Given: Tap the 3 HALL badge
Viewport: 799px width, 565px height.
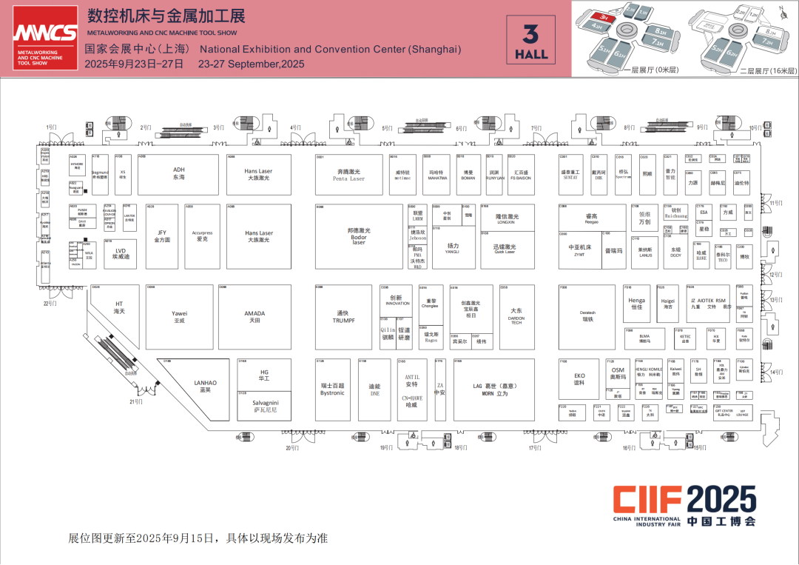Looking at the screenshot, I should [x=531, y=41].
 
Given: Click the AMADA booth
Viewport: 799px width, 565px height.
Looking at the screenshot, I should [x=254, y=316].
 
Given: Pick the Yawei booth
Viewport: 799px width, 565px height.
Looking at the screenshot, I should [x=179, y=316].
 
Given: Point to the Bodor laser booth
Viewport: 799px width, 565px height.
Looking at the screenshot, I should [x=358, y=235].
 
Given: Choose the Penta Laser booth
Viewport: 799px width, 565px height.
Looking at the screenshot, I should [x=348, y=175].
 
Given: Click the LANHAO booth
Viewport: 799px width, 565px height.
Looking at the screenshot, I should [x=206, y=386].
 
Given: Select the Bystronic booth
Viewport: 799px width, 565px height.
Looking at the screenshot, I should [x=332, y=390].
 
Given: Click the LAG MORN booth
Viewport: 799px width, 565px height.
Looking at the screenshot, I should [x=494, y=390].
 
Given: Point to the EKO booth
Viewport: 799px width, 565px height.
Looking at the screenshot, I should [x=579, y=379].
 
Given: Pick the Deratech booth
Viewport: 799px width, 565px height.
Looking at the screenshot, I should [x=587, y=316].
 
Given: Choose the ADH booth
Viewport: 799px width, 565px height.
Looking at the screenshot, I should [x=178, y=174].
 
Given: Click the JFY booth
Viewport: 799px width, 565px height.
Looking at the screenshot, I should [x=162, y=236].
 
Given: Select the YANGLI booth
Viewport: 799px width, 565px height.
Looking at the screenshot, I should [x=453, y=248].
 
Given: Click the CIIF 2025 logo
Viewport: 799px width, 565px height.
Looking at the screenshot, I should [x=684, y=506].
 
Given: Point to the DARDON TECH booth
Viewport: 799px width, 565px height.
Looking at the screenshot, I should [x=516, y=316].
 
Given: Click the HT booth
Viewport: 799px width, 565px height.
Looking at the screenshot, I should [x=118, y=307].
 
